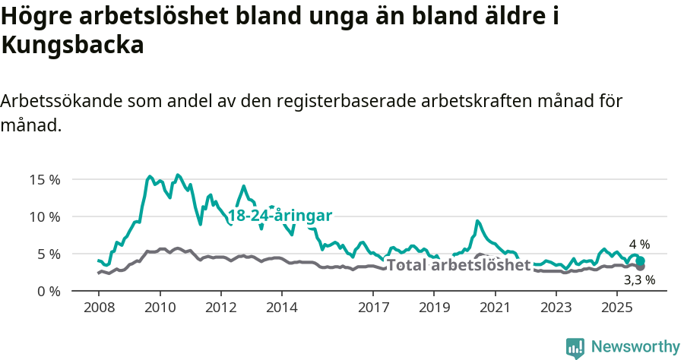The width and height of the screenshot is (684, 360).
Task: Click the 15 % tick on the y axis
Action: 45,180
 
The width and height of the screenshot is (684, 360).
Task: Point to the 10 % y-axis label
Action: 45,217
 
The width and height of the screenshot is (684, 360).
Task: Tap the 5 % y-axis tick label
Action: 48,254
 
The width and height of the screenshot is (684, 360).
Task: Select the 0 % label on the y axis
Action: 48,291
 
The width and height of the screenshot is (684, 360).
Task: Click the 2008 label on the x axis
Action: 99,308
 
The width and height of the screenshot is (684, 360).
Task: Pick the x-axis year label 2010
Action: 160,308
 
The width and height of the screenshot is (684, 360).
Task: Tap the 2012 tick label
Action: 221,308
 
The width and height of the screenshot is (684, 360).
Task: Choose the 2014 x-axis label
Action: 282,308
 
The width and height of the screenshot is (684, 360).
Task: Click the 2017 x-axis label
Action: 373,308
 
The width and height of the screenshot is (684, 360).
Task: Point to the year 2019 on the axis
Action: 434,308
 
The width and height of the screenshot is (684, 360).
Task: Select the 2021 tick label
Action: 496,308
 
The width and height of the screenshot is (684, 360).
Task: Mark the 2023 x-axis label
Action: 556,308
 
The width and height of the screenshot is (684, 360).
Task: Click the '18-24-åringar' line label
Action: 280,216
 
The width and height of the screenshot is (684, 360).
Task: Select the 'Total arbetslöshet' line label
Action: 458,265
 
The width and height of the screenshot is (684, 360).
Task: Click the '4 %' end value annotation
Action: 639,245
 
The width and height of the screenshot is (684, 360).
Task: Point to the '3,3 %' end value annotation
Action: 639,279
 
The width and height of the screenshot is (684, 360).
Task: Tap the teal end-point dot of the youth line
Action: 641,261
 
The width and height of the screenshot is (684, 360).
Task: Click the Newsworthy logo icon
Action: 575,347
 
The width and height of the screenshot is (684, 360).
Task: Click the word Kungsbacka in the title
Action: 73,46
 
